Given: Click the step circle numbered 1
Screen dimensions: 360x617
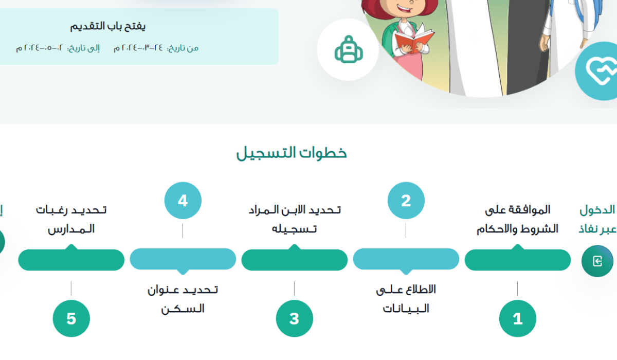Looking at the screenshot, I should pos(517,319).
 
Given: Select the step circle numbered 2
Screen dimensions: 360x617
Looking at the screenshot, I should pos(406,201).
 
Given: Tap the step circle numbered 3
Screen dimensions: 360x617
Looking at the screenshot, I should pos(294,319).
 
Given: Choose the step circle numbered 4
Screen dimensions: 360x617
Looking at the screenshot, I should pos(183,201).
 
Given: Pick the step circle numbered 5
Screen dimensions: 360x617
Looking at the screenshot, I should pos(71,319).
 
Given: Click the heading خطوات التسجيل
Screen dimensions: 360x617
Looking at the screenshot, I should pos(292,153).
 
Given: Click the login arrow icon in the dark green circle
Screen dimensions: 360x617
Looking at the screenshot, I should pos(597,261).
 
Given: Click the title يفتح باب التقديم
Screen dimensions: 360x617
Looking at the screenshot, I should pos(108,26).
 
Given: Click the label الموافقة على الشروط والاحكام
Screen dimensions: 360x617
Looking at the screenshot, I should pos(517,219).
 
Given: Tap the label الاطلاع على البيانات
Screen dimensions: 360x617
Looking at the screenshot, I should pos(406,299).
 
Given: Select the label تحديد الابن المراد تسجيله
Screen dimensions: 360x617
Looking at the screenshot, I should pos(294,219).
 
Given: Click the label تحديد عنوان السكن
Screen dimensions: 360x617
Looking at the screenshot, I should pos(183,299).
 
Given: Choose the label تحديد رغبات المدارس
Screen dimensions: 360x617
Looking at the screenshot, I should pos(71,219).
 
